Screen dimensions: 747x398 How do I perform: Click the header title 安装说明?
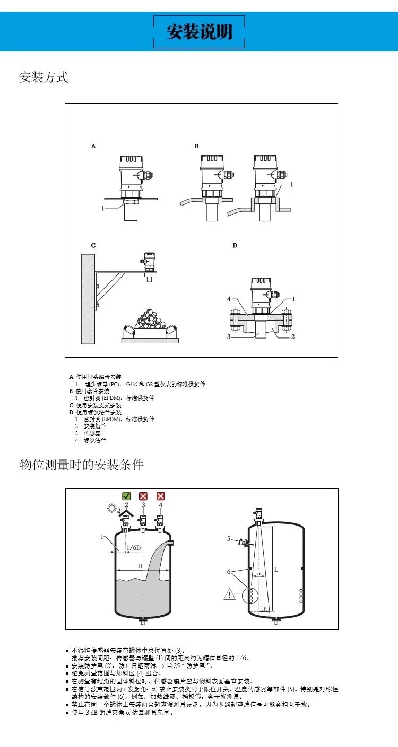coord(200,32)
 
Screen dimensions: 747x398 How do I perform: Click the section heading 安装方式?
coord(44,77)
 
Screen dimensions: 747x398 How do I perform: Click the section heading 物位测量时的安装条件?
coord(81,465)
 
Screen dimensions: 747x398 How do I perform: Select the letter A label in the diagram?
coord(93,145)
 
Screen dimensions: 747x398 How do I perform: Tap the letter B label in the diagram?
coord(196,145)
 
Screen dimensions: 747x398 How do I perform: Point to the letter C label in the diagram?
coord(93,245)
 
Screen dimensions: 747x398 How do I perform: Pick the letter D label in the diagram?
coord(235,245)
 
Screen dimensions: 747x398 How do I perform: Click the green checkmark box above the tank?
coord(126,496)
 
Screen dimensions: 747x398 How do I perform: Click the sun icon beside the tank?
coord(111,509)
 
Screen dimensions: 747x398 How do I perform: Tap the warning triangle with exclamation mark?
coord(229,594)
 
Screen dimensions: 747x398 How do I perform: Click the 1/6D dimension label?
coord(134,547)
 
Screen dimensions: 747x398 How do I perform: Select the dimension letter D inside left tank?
coord(140,566)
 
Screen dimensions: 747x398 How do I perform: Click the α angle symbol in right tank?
coord(259,573)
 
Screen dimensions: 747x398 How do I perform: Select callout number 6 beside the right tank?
coord(229,572)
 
